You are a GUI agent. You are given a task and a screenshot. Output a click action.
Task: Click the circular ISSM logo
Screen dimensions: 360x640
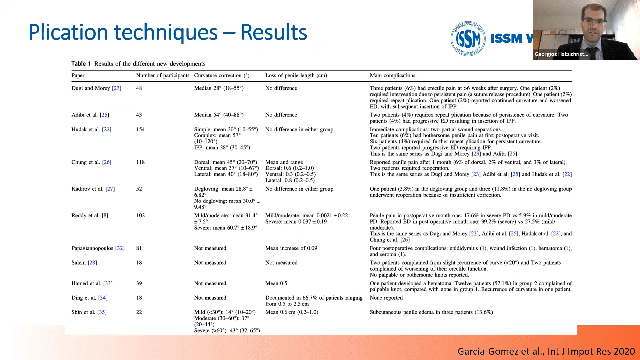[x=468, y=39]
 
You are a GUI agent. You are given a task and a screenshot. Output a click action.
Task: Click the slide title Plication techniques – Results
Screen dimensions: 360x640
[x=168, y=32]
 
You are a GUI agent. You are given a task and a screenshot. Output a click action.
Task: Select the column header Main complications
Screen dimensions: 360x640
[x=392, y=75]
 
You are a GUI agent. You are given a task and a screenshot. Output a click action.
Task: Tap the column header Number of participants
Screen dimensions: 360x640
[x=163, y=75]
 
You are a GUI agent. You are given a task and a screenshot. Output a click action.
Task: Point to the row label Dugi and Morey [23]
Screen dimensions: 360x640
[x=96, y=88]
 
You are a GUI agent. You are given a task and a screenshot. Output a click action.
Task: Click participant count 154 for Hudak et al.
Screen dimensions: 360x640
[x=140, y=129]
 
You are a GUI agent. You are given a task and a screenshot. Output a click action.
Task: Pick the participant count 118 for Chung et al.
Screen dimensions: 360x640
[x=140, y=162]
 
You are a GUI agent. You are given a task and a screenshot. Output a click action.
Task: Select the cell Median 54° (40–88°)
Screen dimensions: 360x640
[x=219, y=115]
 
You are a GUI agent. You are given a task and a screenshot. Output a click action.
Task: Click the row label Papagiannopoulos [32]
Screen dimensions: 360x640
[x=98, y=248]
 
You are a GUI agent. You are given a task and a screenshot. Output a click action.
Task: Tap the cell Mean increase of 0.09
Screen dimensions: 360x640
[x=291, y=248]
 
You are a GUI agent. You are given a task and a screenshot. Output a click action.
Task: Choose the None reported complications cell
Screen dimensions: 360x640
[x=386, y=298]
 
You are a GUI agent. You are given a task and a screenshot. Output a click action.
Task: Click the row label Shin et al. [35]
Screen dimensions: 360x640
[x=89, y=312]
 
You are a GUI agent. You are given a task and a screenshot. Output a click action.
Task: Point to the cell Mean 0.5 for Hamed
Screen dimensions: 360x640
[x=276, y=283]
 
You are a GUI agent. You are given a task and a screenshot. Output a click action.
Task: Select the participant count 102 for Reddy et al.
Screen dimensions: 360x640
[x=140, y=215]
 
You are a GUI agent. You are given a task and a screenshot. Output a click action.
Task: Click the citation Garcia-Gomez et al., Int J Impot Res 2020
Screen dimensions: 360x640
[x=546, y=351]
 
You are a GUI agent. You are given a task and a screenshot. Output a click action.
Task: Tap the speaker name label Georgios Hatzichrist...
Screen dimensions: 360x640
[x=561, y=54]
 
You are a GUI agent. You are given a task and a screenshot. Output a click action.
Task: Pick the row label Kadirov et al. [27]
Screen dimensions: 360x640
[x=93, y=189]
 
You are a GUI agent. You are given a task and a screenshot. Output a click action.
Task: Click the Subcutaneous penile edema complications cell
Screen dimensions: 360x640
[x=431, y=312]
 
